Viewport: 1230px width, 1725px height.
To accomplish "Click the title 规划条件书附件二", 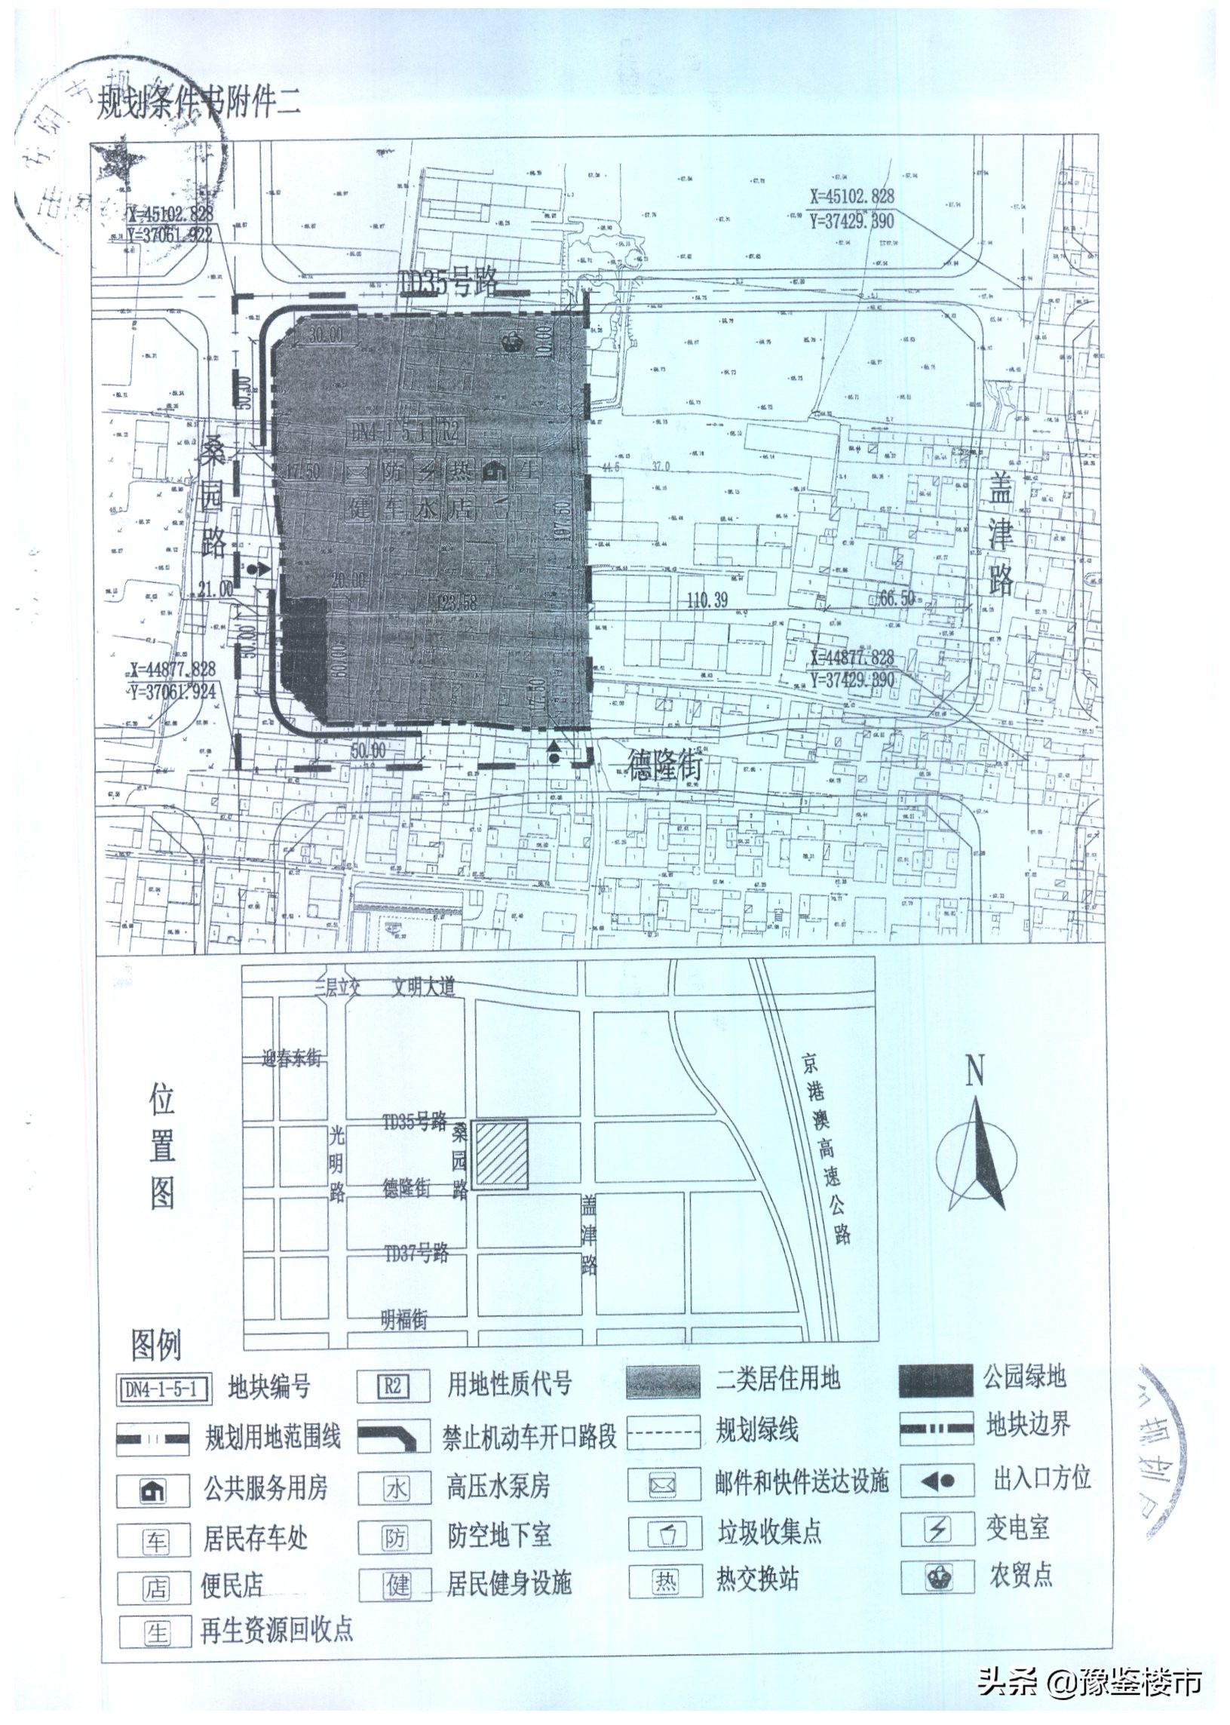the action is [198, 105].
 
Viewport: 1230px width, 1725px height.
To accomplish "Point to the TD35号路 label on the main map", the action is [448, 283].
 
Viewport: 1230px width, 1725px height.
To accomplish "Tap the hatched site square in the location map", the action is [500, 1155].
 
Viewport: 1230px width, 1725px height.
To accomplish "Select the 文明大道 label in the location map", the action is [422, 988].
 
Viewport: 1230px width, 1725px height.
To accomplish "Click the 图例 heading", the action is [156, 1346].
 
